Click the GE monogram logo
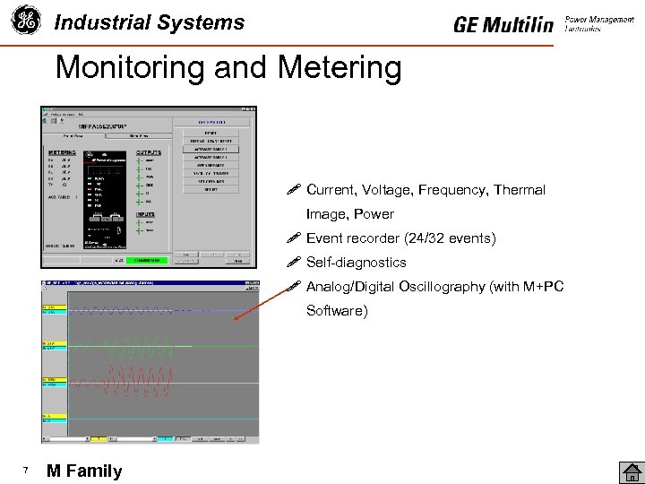pyautogui.click(x=26, y=21)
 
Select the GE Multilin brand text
pyautogui.click(x=503, y=24)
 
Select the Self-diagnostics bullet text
pyautogui.click(x=356, y=263)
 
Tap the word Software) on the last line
pyautogui.click(x=336, y=311)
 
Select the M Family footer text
pyautogui.click(x=84, y=471)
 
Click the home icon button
pyautogui.click(x=631, y=471)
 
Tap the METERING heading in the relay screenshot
pyautogui.click(x=62, y=152)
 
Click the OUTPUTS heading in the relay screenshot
pyautogui.click(x=149, y=152)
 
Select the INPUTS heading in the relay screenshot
pyautogui.click(x=145, y=214)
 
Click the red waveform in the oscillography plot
pyautogui.click(x=134, y=383)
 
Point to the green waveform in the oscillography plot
pyautogui.click(x=134, y=348)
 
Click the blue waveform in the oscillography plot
pyautogui.click(x=134, y=311)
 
